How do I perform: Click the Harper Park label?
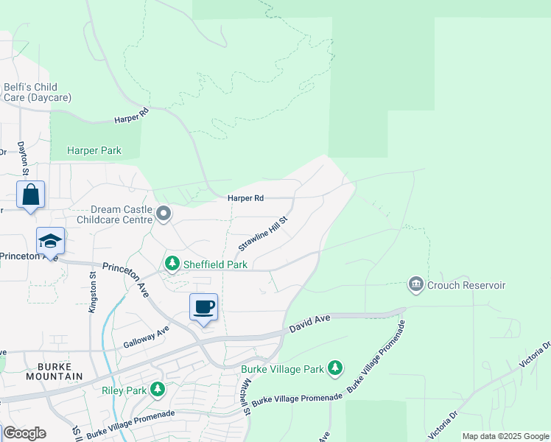click(94, 151)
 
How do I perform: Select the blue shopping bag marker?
click(30, 196)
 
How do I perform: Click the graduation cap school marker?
click(50, 242)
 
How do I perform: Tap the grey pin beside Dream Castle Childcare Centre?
click(164, 214)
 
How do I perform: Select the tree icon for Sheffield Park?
click(172, 263)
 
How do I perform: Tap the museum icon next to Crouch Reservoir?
click(416, 284)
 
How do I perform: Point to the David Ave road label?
click(309, 322)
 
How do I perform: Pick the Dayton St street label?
click(22, 159)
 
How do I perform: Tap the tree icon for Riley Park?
click(157, 388)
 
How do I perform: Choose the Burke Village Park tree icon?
click(335, 368)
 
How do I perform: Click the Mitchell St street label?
click(245, 396)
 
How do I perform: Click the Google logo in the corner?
click(24, 433)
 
